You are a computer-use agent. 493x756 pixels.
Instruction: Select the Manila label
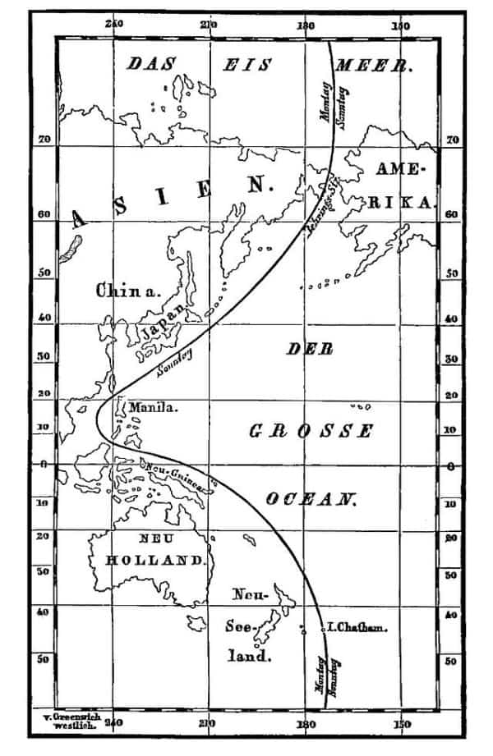(153, 406)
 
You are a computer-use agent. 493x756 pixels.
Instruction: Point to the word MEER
(379, 65)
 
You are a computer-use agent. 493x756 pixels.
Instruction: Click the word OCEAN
(311, 498)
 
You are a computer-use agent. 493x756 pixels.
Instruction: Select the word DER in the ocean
(310, 349)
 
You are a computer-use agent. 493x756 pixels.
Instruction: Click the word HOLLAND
(154, 561)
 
